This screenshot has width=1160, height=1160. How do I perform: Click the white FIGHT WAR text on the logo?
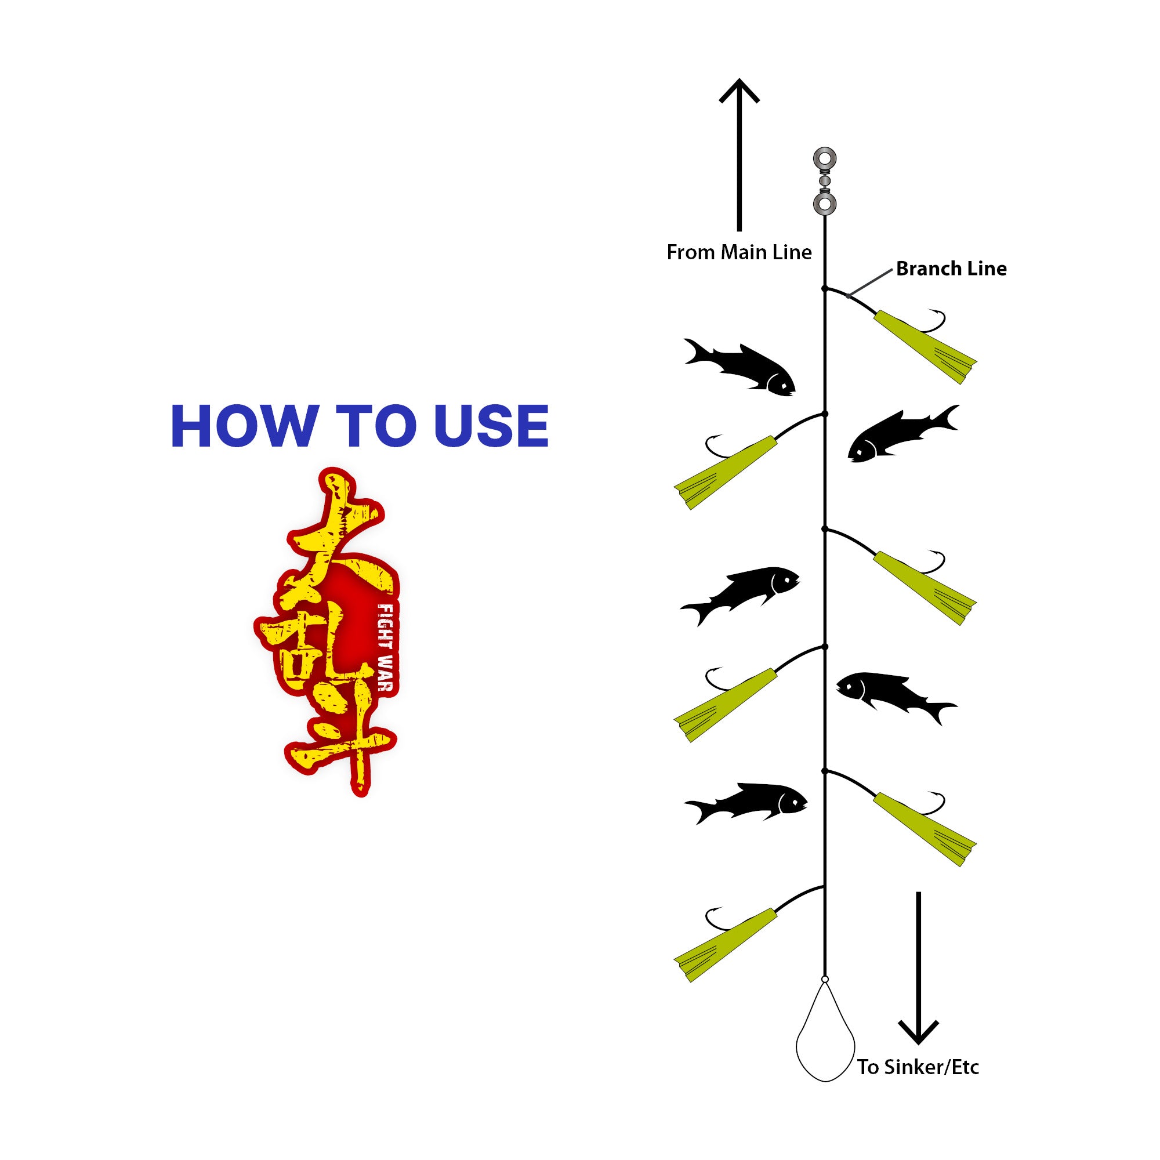coord(385,647)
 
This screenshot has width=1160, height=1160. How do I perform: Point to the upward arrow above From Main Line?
coord(739,155)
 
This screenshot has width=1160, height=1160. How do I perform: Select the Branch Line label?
coord(951,269)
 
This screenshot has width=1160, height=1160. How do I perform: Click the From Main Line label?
coord(739,252)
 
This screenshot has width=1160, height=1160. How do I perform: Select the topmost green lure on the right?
coord(925,347)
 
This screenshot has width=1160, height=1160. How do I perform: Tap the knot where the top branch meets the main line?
coord(825,289)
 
